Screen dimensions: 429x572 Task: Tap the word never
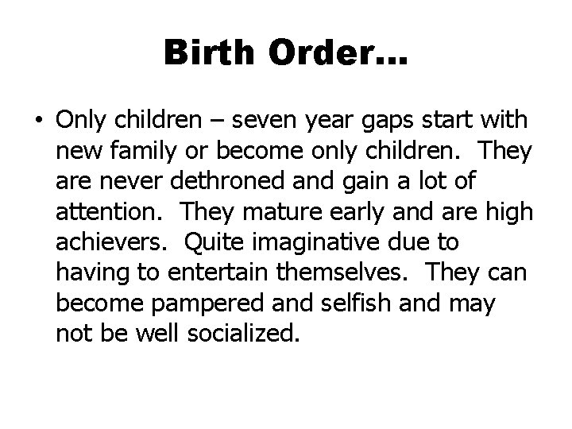[129, 180]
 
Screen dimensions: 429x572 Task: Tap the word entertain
[216, 271]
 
